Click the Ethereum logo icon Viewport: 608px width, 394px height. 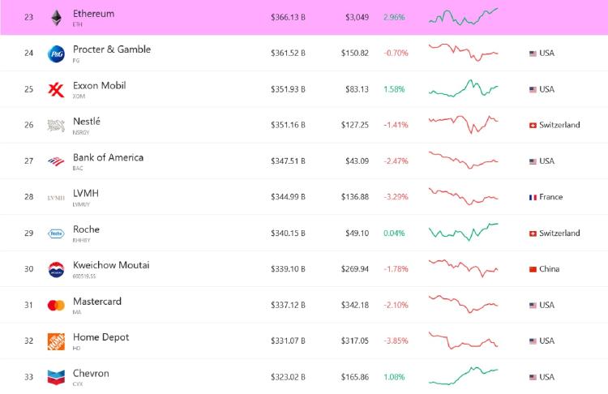coord(56,17)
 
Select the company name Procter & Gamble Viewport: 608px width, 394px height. coord(111,49)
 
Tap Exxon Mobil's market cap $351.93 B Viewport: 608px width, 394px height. coord(288,89)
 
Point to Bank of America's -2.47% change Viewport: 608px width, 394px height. coord(396,161)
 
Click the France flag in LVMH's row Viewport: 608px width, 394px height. coord(533,197)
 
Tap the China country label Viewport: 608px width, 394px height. coord(550,269)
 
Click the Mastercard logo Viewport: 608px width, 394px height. coord(56,305)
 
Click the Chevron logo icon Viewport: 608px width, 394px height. coord(56,377)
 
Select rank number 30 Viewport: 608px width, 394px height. coord(28,269)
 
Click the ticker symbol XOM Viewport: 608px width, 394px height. coord(78,96)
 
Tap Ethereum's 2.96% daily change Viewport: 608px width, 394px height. coord(393,17)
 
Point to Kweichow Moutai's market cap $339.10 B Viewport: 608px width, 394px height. coord(288,269)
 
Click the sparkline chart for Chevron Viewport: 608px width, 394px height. coord(463,375)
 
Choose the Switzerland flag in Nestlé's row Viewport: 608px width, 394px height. coord(533,126)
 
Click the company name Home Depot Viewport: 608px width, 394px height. coord(101,337)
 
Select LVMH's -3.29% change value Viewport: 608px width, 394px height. coord(396,197)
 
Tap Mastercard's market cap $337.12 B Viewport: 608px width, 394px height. coord(288,305)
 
